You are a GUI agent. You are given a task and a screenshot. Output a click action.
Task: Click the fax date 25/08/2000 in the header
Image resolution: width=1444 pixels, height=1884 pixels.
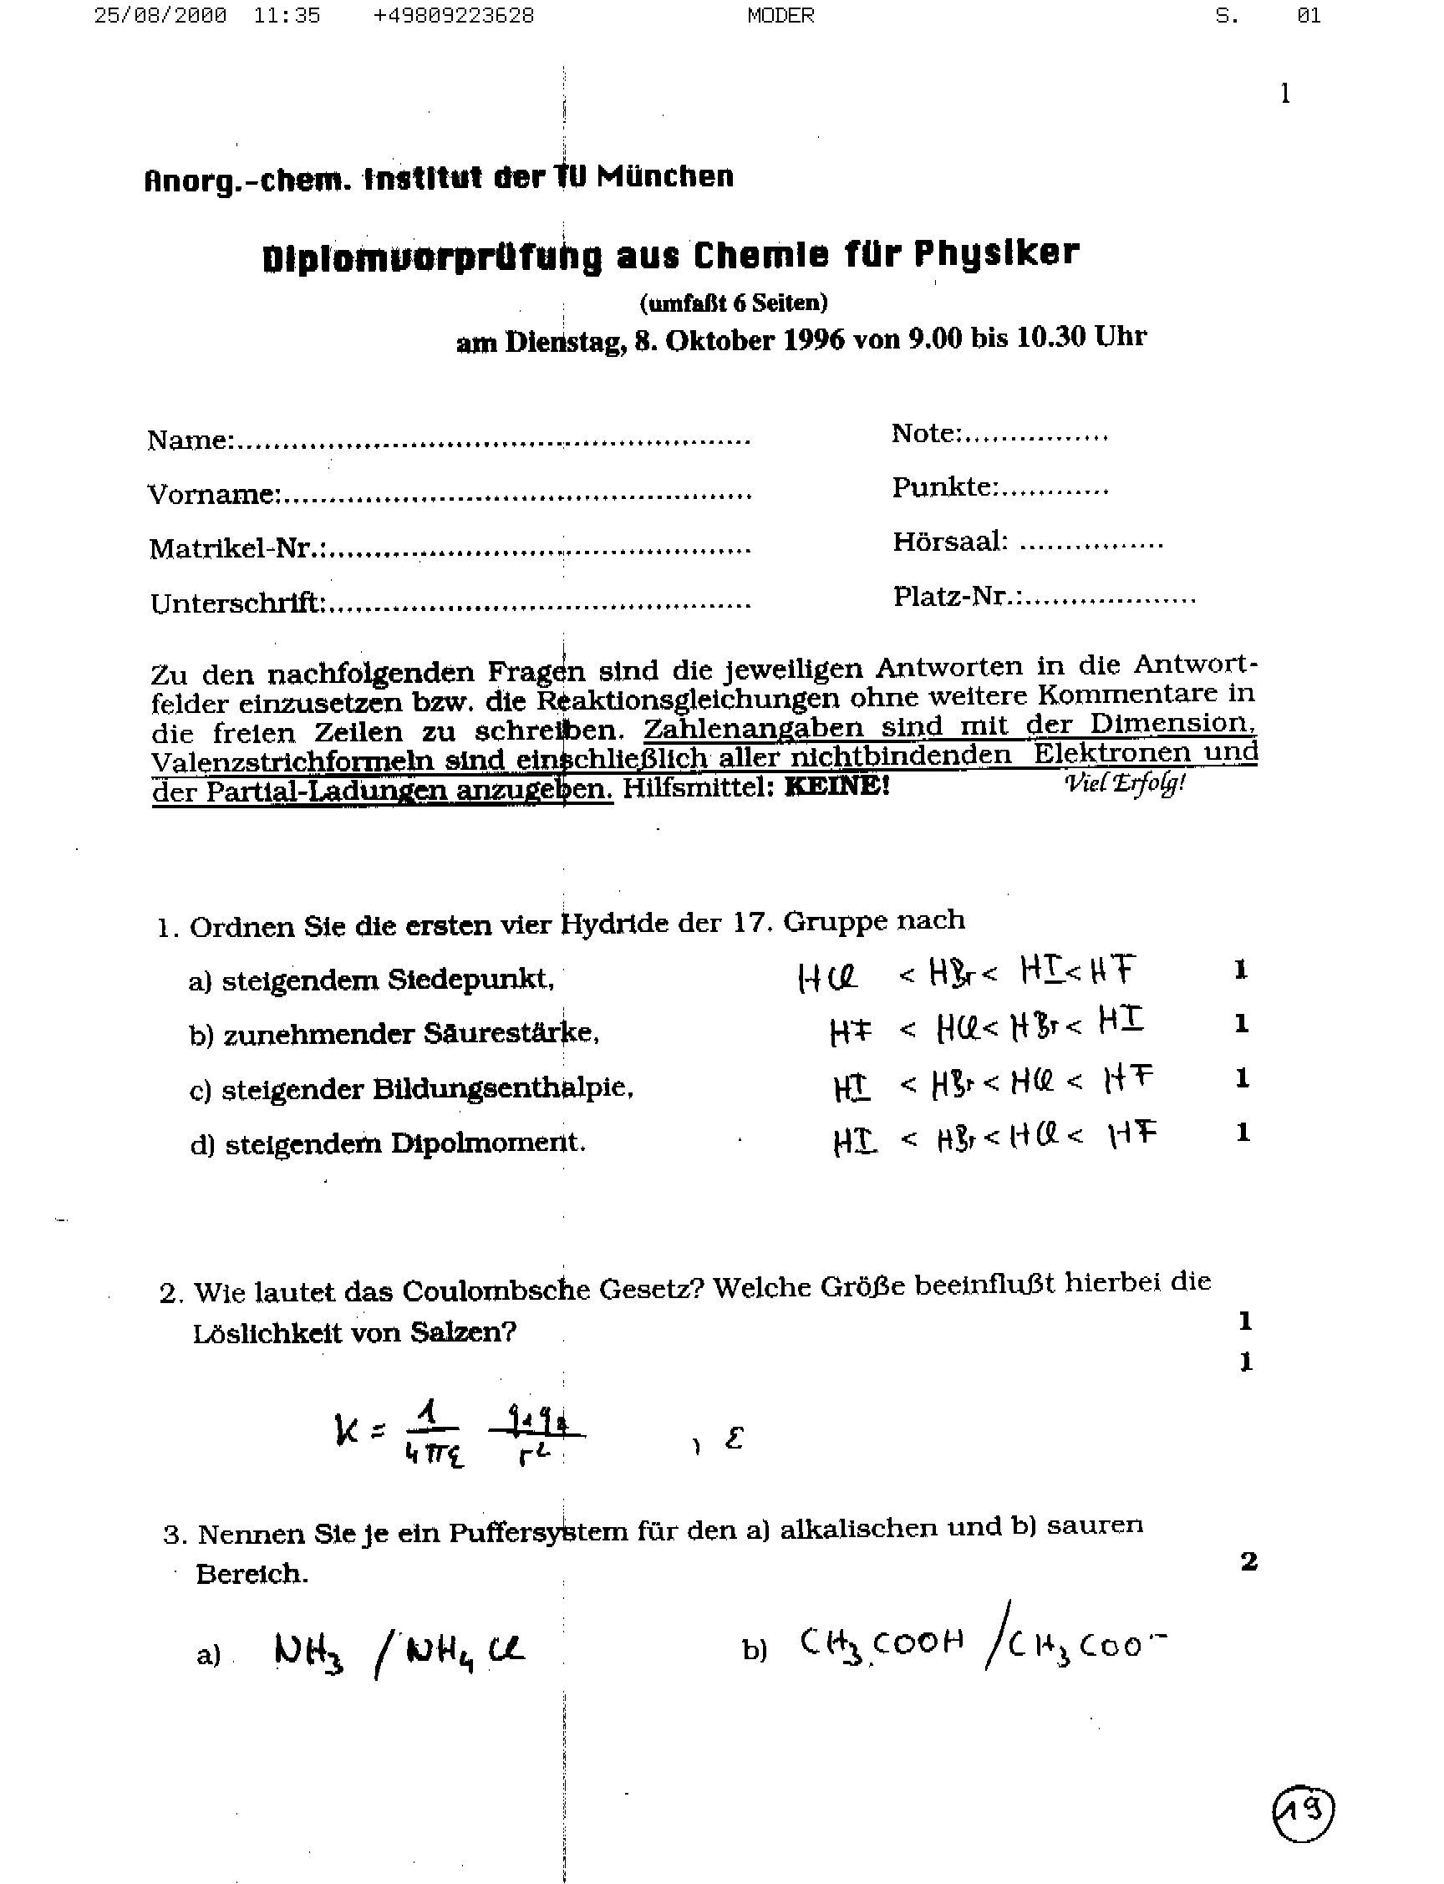point(160,16)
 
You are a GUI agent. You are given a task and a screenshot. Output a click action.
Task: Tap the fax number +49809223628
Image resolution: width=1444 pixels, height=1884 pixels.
point(453,16)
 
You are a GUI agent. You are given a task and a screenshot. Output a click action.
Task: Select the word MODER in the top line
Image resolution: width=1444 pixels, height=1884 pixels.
point(780,16)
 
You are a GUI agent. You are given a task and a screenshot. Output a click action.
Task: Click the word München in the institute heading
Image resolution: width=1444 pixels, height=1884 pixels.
point(665,176)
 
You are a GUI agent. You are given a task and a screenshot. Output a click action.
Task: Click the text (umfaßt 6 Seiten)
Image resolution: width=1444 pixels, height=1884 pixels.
point(733,303)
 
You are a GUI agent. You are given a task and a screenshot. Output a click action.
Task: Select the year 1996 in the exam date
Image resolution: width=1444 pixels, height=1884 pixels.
point(814,339)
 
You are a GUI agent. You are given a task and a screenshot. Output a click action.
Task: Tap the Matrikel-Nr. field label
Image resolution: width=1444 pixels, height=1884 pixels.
point(237,547)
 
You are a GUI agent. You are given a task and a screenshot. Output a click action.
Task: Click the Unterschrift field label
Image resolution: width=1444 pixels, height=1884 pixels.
point(238,603)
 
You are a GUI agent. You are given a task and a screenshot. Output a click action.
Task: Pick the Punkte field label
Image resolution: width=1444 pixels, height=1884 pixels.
point(944,487)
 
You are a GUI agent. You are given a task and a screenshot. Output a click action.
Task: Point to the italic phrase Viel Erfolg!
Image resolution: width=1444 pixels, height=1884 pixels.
point(1125,783)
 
